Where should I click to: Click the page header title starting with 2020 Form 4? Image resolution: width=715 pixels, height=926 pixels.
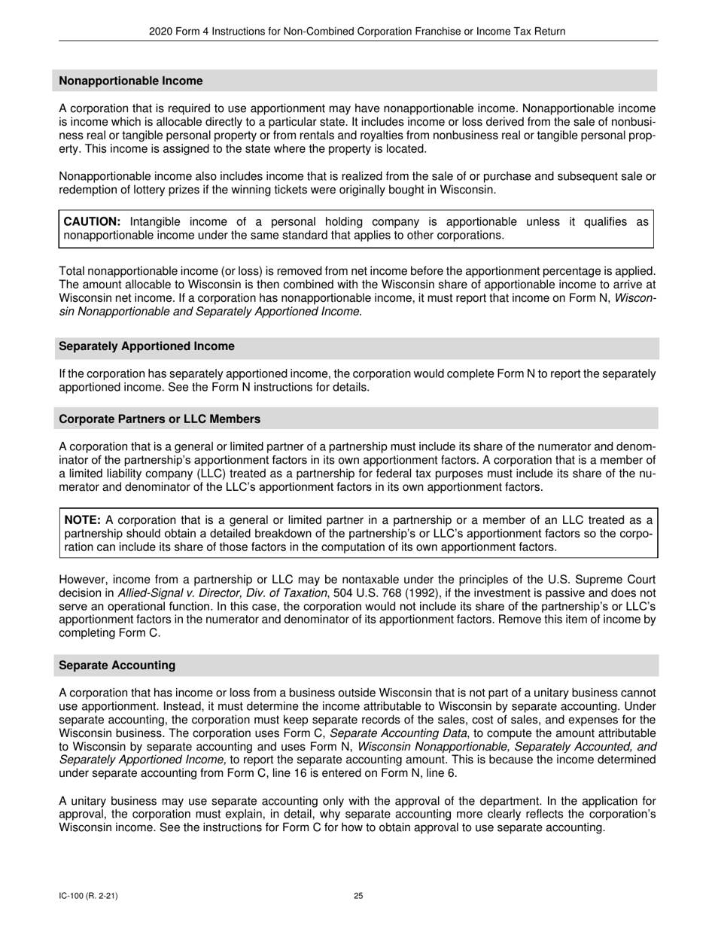pos(357,31)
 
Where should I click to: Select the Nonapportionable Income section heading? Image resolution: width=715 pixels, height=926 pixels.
pos(130,81)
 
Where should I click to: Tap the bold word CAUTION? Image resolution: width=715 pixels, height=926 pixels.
pos(92,221)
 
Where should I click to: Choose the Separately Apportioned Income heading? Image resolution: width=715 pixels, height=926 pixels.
pos(146,346)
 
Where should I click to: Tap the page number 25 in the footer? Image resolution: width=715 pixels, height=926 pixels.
pos(358,896)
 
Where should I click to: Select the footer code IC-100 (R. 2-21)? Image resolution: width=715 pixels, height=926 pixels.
pos(88,896)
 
